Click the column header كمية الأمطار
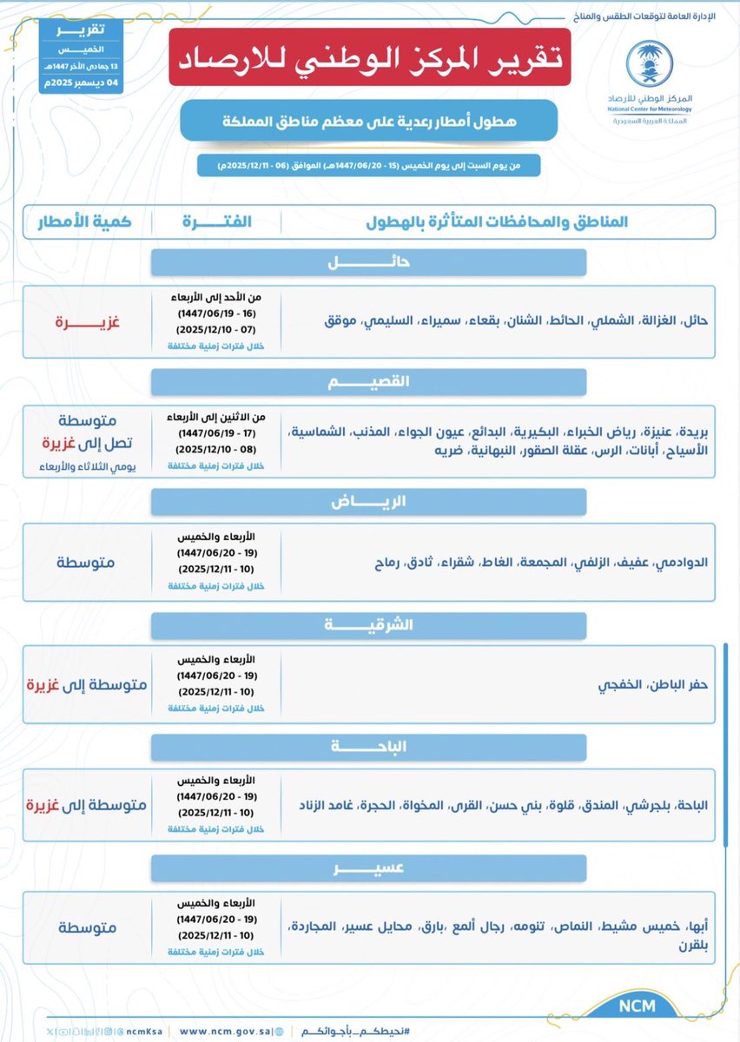click(84, 221)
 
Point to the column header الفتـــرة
click(216, 221)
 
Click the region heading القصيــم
click(368, 382)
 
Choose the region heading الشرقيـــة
click(368, 625)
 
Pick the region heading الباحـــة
click(368, 747)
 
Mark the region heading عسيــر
click(368, 868)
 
